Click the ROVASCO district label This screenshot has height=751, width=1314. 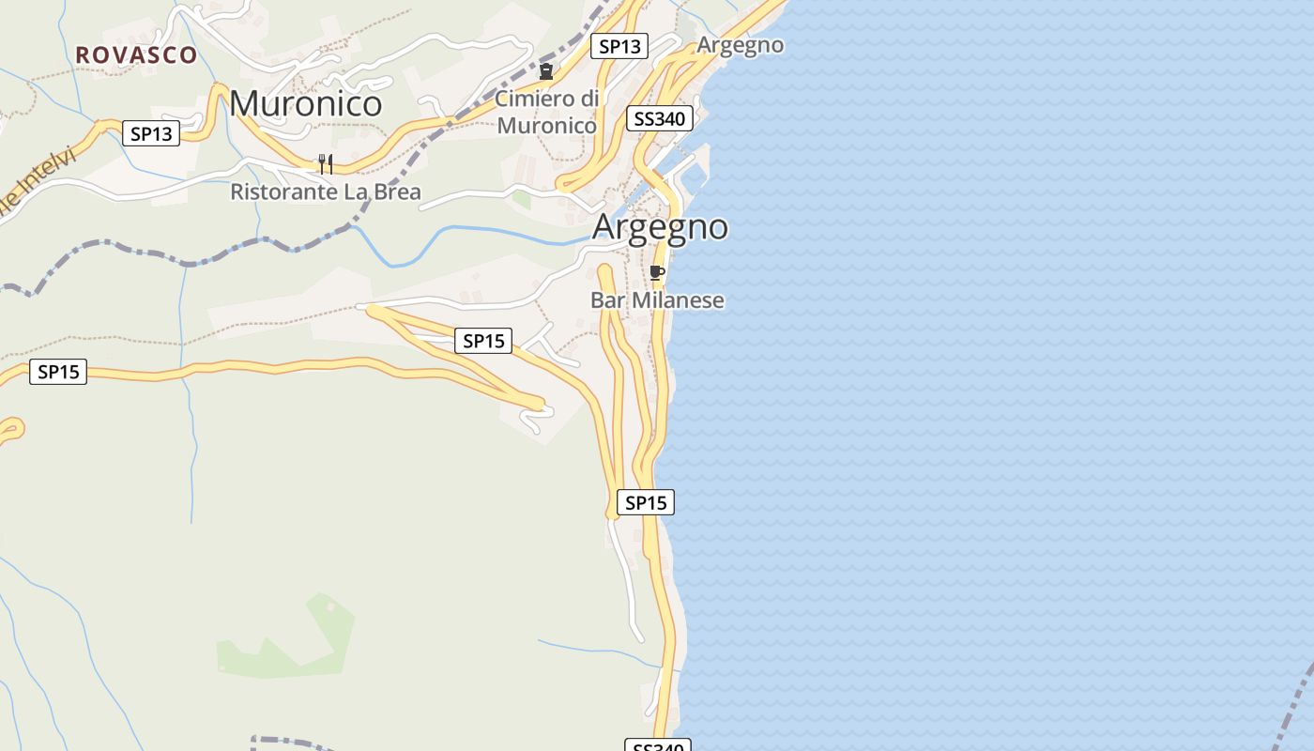click(136, 54)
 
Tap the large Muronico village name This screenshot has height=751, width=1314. click(306, 103)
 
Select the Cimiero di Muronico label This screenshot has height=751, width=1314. click(546, 112)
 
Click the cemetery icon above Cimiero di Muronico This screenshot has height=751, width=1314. click(545, 71)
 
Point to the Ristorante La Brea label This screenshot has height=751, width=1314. click(326, 192)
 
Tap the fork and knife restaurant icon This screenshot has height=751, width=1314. click(326, 164)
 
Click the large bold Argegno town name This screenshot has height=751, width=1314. click(660, 227)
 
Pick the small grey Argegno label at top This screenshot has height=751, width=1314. click(740, 45)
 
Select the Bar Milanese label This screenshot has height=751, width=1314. click(657, 300)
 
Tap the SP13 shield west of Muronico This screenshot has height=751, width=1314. click(151, 133)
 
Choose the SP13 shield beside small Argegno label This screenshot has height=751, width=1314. click(619, 46)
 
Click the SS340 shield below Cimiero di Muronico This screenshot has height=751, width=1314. click(660, 118)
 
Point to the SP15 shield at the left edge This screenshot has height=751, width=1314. click(58, 372)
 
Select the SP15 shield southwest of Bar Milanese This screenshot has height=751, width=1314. click(483, 341)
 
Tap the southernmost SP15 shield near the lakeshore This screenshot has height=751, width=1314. click(645, 502)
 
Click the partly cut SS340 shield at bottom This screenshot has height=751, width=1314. click(657, 745)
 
